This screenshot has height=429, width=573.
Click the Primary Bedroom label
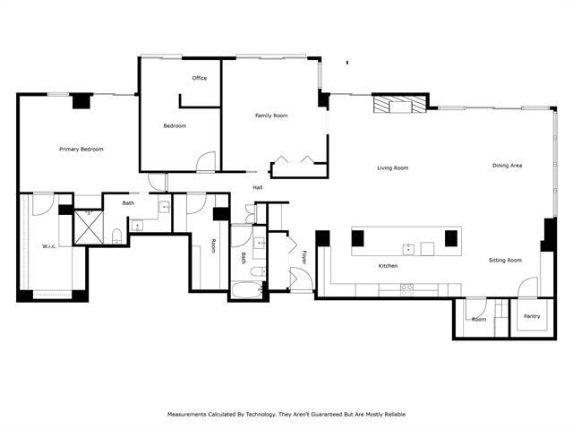(81, 149)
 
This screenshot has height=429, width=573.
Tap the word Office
(199, 78)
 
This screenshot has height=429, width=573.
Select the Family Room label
(271, 116)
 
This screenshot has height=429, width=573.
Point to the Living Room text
(392, 167)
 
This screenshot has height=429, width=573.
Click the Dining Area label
(508, 166)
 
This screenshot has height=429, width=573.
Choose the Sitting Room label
(505, 260)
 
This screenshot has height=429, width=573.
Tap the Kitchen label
(388, 266)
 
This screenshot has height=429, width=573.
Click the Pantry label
(532, 316)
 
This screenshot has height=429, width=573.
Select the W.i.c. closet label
(50, 246)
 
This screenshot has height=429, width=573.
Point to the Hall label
(258, 187)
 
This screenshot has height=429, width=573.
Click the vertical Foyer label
(304, 258)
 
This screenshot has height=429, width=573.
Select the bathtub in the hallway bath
(245, 289)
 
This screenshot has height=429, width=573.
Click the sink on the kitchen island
(408, 248)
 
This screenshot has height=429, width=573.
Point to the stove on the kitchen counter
(407, 287)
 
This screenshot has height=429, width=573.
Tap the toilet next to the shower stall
(116, 236)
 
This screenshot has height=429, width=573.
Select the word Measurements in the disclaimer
(189, 415)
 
